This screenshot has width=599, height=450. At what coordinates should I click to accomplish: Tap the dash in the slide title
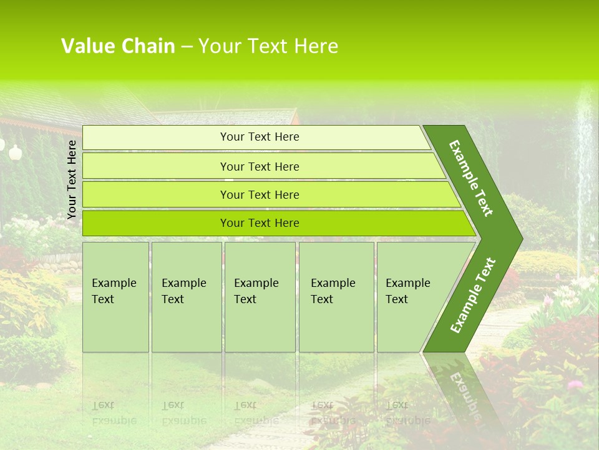[187, 47]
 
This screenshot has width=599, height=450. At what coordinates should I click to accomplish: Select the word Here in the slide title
[316, 46]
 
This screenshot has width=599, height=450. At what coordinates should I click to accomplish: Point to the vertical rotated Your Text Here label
[72, 179]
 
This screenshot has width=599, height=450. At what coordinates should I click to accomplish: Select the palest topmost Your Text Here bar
[259, 137]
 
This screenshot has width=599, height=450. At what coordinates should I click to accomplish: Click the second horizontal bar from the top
[259, 166]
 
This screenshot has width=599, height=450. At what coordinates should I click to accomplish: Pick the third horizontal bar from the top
[259, 194]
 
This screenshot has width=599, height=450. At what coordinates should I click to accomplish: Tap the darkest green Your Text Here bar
[259, 223]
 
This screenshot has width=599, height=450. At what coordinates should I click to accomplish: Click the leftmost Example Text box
[115, 296]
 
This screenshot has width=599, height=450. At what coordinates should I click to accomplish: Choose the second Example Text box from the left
[186, 296]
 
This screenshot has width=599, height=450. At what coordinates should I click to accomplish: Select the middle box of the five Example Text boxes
[260, 296]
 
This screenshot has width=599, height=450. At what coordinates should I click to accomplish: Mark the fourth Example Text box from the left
[336, 296]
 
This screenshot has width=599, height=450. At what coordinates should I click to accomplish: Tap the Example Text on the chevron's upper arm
[471, 178]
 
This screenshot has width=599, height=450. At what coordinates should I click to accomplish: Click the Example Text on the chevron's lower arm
[473, 295]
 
